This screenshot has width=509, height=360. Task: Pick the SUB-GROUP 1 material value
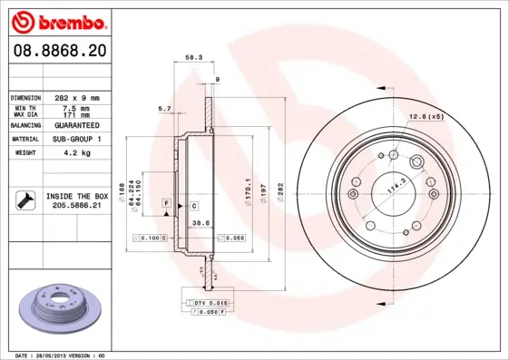74,140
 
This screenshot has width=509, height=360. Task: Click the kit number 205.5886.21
77,206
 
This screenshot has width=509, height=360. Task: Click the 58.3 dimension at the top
192,57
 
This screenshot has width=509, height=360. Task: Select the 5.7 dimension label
164,109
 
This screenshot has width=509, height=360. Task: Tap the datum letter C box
193,207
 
